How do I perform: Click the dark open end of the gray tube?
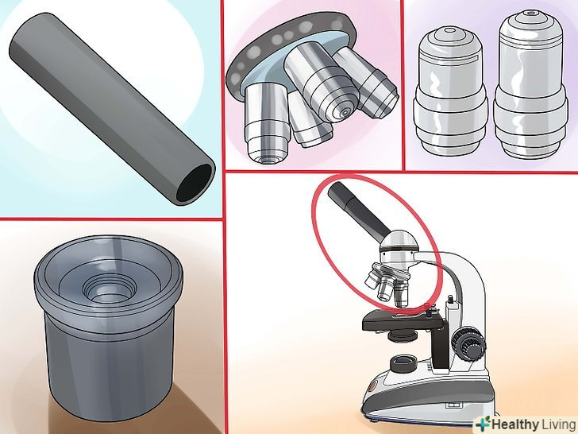coord(195,183)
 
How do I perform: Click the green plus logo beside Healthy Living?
coord(483,424)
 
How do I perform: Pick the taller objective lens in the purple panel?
coord(530,85)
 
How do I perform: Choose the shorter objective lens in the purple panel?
coord(450,91)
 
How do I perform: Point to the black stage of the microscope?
coord(403,320)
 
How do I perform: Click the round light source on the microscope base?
coord(403,364)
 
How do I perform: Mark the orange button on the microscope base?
coord(372,387)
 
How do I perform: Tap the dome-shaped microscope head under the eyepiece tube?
coord(399,251)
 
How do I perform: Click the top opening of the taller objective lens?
coord(530,14)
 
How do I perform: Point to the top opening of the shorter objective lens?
coord(450,30)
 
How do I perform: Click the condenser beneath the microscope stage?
coord(403,335)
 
